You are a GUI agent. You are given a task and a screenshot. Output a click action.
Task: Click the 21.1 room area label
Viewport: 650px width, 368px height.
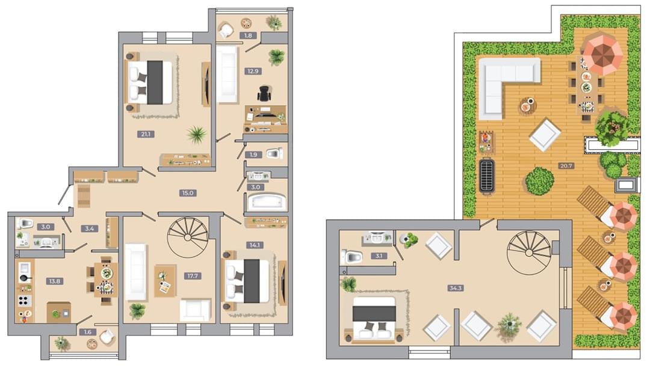click(x=146, y=134)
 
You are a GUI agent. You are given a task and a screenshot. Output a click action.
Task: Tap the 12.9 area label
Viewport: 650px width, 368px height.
click(x=253, y=71)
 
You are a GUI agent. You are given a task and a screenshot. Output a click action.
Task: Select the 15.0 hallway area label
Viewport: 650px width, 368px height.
click(x=187, y=193)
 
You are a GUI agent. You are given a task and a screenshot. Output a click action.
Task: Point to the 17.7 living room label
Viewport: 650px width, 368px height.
click(x=193, y=275)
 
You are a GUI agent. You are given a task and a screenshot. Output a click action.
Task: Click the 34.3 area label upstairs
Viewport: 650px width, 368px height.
click(x=455, y=288)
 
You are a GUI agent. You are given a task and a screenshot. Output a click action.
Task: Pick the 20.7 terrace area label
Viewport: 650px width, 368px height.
click(x=566, y=166)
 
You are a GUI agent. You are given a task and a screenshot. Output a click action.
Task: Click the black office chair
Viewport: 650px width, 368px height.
click(x=264, y=93)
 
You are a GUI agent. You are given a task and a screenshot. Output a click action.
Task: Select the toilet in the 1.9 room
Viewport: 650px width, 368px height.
click(x=274, y=154)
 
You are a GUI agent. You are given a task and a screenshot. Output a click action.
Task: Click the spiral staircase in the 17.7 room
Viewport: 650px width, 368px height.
click(x=188, y=237)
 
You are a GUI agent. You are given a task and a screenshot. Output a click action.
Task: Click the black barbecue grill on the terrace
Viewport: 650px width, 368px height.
click(x=487, y=176)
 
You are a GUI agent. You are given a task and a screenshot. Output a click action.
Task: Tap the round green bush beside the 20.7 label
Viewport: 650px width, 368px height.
click(x=540, y=181)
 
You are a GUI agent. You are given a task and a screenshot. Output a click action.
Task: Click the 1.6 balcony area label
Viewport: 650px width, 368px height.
click(x=87, y=332)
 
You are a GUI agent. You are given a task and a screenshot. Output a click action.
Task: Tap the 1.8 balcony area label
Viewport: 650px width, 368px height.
click(x=248, y=35)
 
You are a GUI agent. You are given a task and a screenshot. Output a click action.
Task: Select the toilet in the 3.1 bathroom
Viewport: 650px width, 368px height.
click(x=352, y=257)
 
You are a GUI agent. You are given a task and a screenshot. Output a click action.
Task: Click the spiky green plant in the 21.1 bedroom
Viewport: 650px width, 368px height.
click(x=196, y=135)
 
